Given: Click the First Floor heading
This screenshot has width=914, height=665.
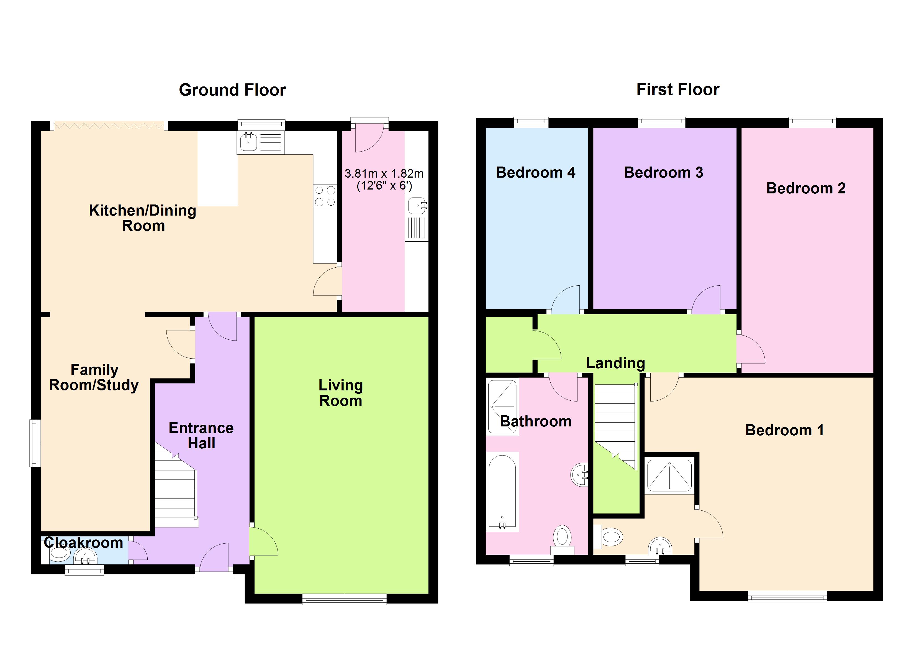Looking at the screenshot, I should click(677, 89).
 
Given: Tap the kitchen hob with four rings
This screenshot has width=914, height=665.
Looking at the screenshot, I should click(325, 196).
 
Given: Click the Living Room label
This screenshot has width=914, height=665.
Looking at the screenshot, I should click(340, 393).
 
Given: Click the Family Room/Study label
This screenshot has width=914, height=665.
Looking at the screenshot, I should click(94, 377).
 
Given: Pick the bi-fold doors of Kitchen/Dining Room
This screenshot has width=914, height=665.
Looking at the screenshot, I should click(109, 126).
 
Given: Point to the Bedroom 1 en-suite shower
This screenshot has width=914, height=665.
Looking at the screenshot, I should click(669, 476).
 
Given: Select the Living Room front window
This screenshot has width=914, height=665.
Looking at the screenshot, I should click(344, 600).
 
